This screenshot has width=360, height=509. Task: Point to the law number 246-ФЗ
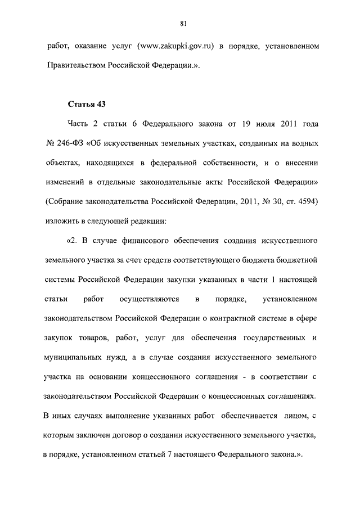tap(70, 143)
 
